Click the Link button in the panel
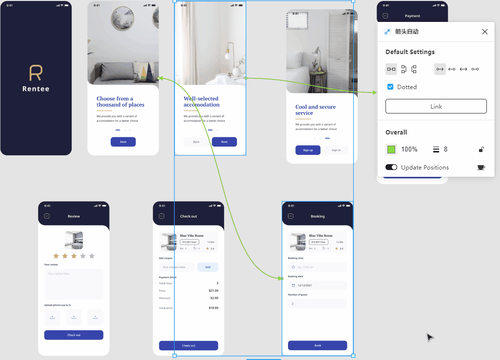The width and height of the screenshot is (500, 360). point(436,106)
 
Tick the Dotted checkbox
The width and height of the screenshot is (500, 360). point(390,87)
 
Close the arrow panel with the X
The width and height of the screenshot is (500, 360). point(484,32)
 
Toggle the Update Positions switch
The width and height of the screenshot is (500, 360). point(391,167)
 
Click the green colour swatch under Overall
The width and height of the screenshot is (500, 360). point(391,150)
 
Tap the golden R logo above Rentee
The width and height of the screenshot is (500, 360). point(36,73)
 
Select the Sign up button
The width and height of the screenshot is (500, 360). point(308,150)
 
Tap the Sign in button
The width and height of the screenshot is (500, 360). point(336,150)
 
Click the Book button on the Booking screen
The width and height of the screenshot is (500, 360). point(317,345)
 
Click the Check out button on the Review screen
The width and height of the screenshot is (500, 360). point(74,335)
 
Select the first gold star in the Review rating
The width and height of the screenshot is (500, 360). point(56,256)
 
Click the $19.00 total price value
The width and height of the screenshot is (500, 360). point(213,308)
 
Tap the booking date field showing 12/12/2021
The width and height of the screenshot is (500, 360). point(317,285)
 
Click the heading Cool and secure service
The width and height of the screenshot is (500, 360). point(315,110)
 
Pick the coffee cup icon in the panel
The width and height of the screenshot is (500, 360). point(481,167)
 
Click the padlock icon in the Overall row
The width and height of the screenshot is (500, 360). point(481,150)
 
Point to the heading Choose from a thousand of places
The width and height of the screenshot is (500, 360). point(120,101)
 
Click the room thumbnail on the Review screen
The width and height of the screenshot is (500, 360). point(74,240)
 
